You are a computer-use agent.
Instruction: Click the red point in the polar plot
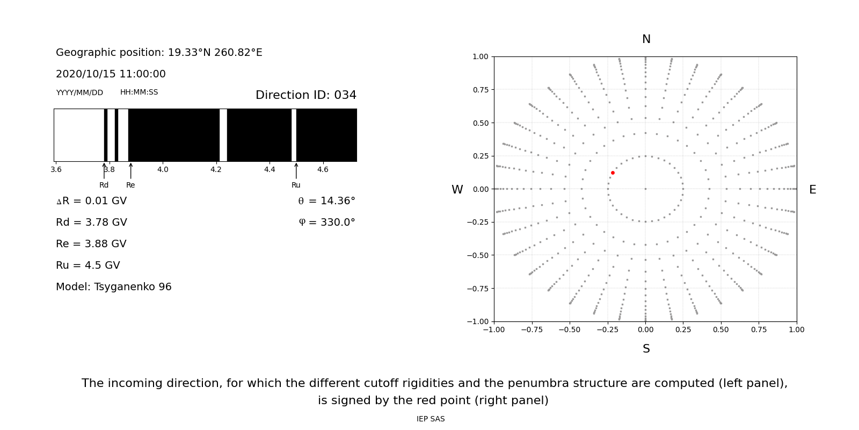[x=613, y=173]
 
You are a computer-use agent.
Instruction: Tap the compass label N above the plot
[x=646, y=39]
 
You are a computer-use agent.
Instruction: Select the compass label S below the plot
[x=646, y=349]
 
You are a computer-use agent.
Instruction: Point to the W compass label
[x=457, y=190]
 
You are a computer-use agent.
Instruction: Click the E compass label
[x=812, y=190]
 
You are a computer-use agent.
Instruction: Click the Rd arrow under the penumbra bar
[x=104, y=171]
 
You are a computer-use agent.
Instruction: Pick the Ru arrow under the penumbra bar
[x=296, y=171]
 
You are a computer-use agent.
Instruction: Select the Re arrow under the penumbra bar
[x=130, y=171]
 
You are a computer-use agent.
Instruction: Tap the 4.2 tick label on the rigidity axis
[x=216, y=169]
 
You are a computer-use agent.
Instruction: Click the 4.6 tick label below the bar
[x=323, y=169]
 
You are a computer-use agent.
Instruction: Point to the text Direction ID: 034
[x=306, y=95]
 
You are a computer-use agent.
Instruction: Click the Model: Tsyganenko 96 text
[x=114, y=287]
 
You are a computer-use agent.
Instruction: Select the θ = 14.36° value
[x=326, y=201]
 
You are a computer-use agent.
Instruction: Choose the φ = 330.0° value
[x=327, y=223]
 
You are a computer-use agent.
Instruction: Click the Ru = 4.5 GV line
[x=88, y=266]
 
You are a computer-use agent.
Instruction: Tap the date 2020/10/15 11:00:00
[x=111, y=74]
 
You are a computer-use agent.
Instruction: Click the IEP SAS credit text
[x=431, y=419]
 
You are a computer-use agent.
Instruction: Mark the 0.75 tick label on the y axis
[x=480, y=90]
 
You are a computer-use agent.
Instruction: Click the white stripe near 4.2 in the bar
[x=223, y=135]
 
